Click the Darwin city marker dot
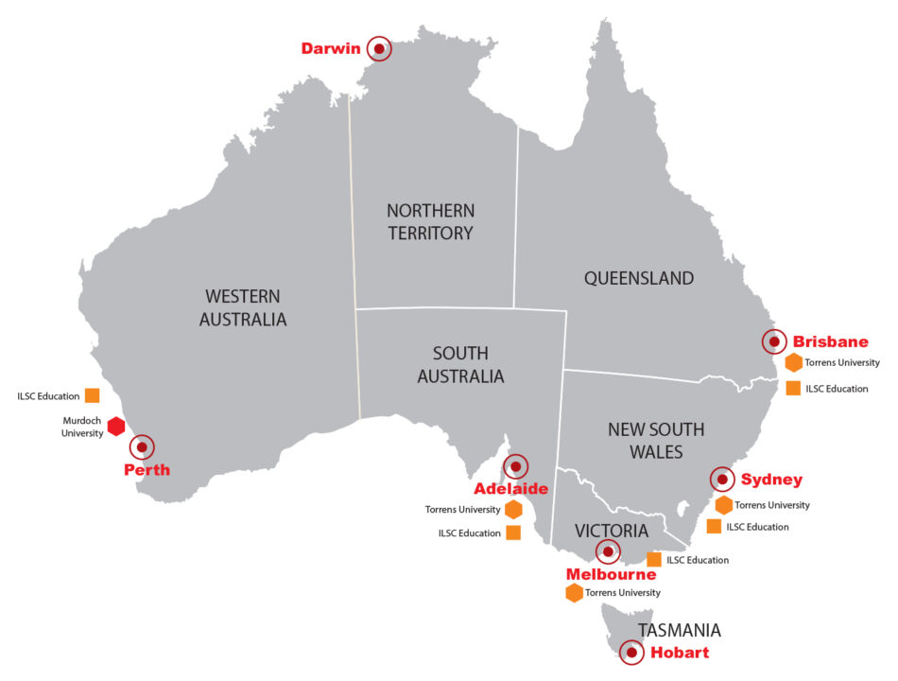coord(379,48)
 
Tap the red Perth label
coord(147,469)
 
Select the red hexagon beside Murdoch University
coord(116,427)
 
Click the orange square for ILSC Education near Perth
coord(92,395)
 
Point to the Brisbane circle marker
coord(774,341)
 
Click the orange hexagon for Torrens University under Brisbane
coord(793,362)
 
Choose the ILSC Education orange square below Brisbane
coord(793,388)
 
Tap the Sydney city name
coord(771,480)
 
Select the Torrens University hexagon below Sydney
coord(723,505)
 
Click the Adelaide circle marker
coord(516,466)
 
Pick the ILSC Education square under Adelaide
coord(513,533)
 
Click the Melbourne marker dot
coord(608,551)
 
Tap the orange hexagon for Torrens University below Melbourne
coord(574,593)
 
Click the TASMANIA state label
coord(679,630)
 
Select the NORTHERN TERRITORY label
coord(430,221)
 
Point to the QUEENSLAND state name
coord(638,278)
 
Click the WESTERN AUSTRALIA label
coord(242,307)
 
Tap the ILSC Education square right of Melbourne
coord(654,559)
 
